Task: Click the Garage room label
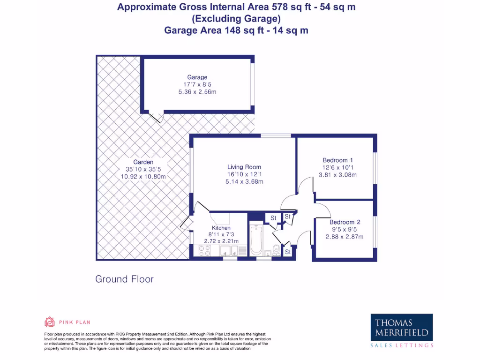point(197,77)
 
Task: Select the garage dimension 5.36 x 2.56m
point(197,92)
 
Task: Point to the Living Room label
point(244,167)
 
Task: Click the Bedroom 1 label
point(338,160)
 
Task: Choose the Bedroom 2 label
point(345,222)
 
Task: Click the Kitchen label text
point(221,228)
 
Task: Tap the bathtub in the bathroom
point(256,240)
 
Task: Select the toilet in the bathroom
point(276,249)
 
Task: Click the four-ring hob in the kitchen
point(205,251)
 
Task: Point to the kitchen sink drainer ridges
point(242,251)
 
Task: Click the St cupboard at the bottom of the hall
point(288,252)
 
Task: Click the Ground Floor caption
point(124,279)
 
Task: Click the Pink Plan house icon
point(50,322)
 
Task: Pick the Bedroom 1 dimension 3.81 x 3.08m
point(338,175)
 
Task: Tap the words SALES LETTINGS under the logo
point(402,345)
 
